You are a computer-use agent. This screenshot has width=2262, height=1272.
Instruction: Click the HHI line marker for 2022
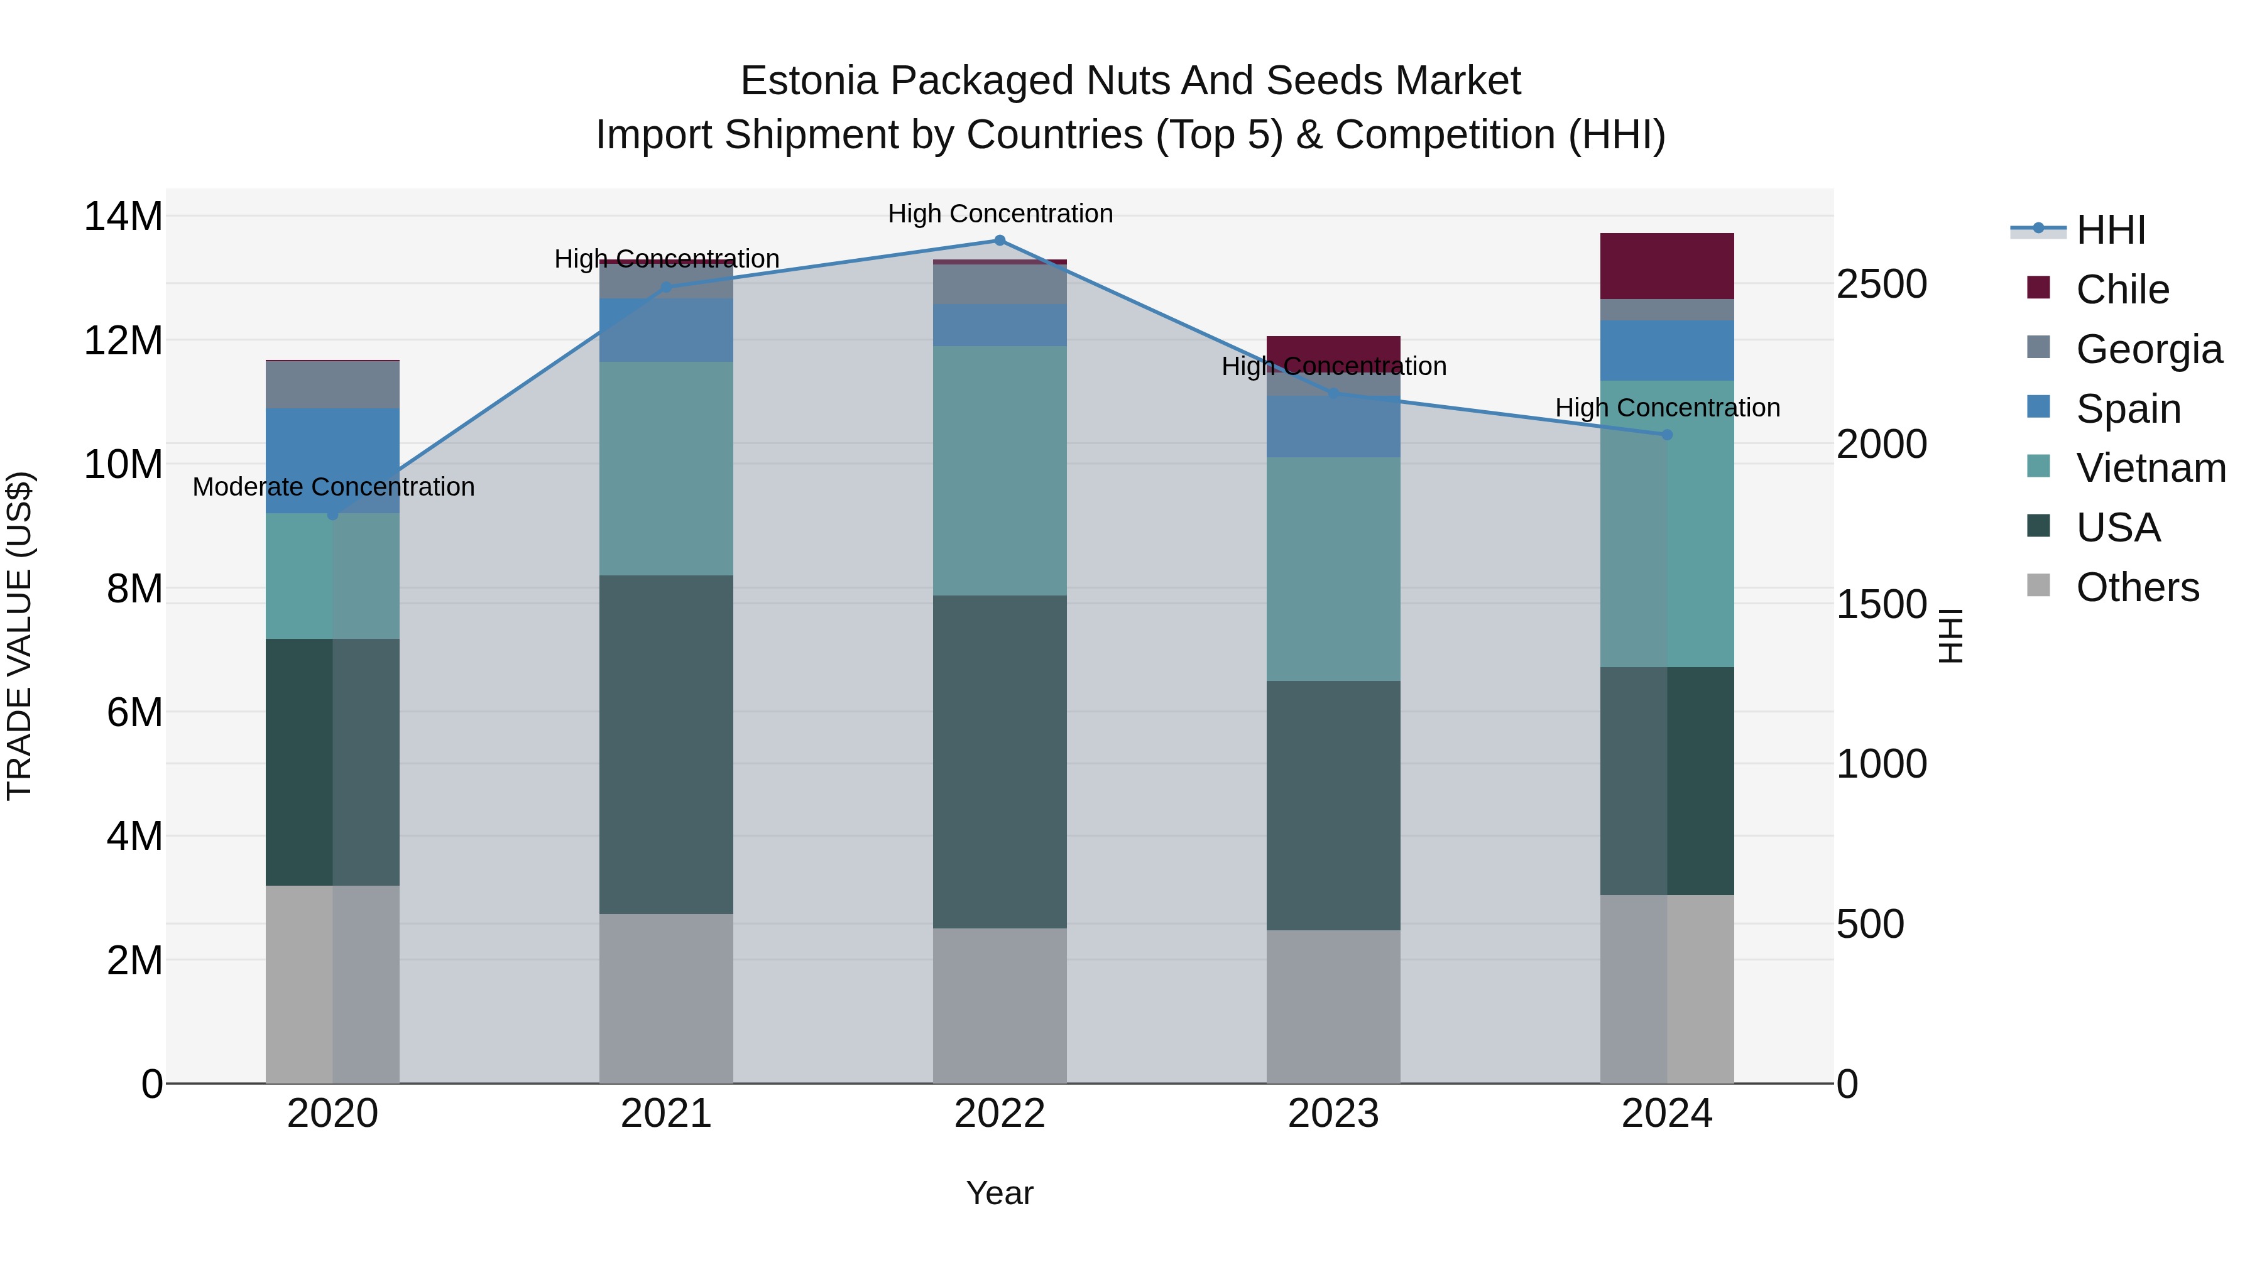999,241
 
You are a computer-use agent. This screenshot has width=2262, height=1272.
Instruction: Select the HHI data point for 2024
1666,435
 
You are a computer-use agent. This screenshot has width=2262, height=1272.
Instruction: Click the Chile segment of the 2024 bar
1666,266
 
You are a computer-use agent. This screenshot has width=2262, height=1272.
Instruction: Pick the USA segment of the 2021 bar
665,744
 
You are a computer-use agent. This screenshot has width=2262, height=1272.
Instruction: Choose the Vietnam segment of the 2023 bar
1333,569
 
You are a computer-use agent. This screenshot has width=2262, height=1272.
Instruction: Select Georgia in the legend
2148,349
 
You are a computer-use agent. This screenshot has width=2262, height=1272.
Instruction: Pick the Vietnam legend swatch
2038,467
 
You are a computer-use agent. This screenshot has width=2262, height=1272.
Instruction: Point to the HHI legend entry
2110,230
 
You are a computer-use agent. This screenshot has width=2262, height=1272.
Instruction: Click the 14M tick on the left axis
123,217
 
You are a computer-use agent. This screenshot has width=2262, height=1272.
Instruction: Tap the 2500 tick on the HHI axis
1881,285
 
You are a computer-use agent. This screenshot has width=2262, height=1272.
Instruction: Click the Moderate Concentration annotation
333,487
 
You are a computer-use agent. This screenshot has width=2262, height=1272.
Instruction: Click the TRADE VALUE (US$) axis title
19,636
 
